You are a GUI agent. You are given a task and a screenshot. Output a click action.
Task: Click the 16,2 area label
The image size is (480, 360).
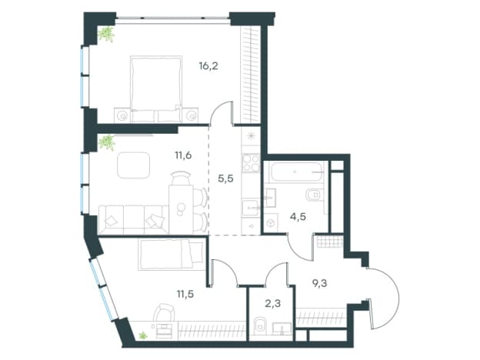(x=208, y=66)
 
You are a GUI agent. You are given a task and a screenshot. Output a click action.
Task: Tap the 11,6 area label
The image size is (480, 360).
(x=183, y=155)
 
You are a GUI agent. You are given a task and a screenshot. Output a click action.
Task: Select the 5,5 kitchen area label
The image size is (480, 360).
(x=225, y=178)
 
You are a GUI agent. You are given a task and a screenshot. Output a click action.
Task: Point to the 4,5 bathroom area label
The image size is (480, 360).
(x=298, y=217)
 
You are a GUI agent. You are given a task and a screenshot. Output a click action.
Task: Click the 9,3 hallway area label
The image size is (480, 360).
(x=319, y=284)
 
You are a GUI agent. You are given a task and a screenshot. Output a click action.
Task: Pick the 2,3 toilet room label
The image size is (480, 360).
(x=273, y=304)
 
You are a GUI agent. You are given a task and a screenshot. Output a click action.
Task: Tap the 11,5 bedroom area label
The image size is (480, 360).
(x=185, y=295)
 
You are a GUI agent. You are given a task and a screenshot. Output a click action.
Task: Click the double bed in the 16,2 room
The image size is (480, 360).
(x=156, y=89)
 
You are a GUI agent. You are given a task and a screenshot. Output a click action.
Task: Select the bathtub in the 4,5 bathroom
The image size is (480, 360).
(x=296, y=172)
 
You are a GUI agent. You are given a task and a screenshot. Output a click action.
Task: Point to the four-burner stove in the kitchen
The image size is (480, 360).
(x=251, y=163)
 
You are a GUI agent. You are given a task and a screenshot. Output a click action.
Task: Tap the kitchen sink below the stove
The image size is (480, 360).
(x=251, y=208)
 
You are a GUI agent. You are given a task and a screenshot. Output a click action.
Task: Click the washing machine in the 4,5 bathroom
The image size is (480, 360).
(x=271, y=223)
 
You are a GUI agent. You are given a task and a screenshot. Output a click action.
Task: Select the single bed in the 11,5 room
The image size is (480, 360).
(x=172, y=255)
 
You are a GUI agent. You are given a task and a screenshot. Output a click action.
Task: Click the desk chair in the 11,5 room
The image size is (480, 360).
(x=164, y=312)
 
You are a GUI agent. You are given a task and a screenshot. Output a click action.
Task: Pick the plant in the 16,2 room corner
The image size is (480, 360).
(x=106, y=34)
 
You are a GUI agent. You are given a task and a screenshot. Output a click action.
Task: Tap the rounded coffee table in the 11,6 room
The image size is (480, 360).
(x=134, y=165)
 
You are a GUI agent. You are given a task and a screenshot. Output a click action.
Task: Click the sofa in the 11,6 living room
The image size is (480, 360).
(x=134, y=220)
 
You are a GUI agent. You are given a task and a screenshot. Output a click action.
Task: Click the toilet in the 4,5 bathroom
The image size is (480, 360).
(x=313, y=195)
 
